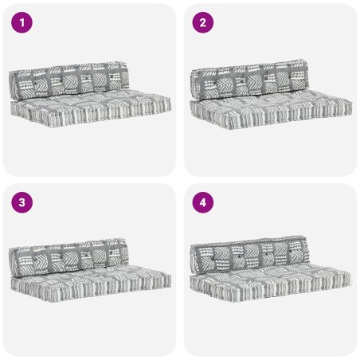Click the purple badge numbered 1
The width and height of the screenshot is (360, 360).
pos(22,23)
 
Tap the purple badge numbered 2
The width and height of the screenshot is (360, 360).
pos(202,23)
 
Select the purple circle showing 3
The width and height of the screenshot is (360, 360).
pos(22,203)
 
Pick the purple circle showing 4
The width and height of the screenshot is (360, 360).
pos(202,203)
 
